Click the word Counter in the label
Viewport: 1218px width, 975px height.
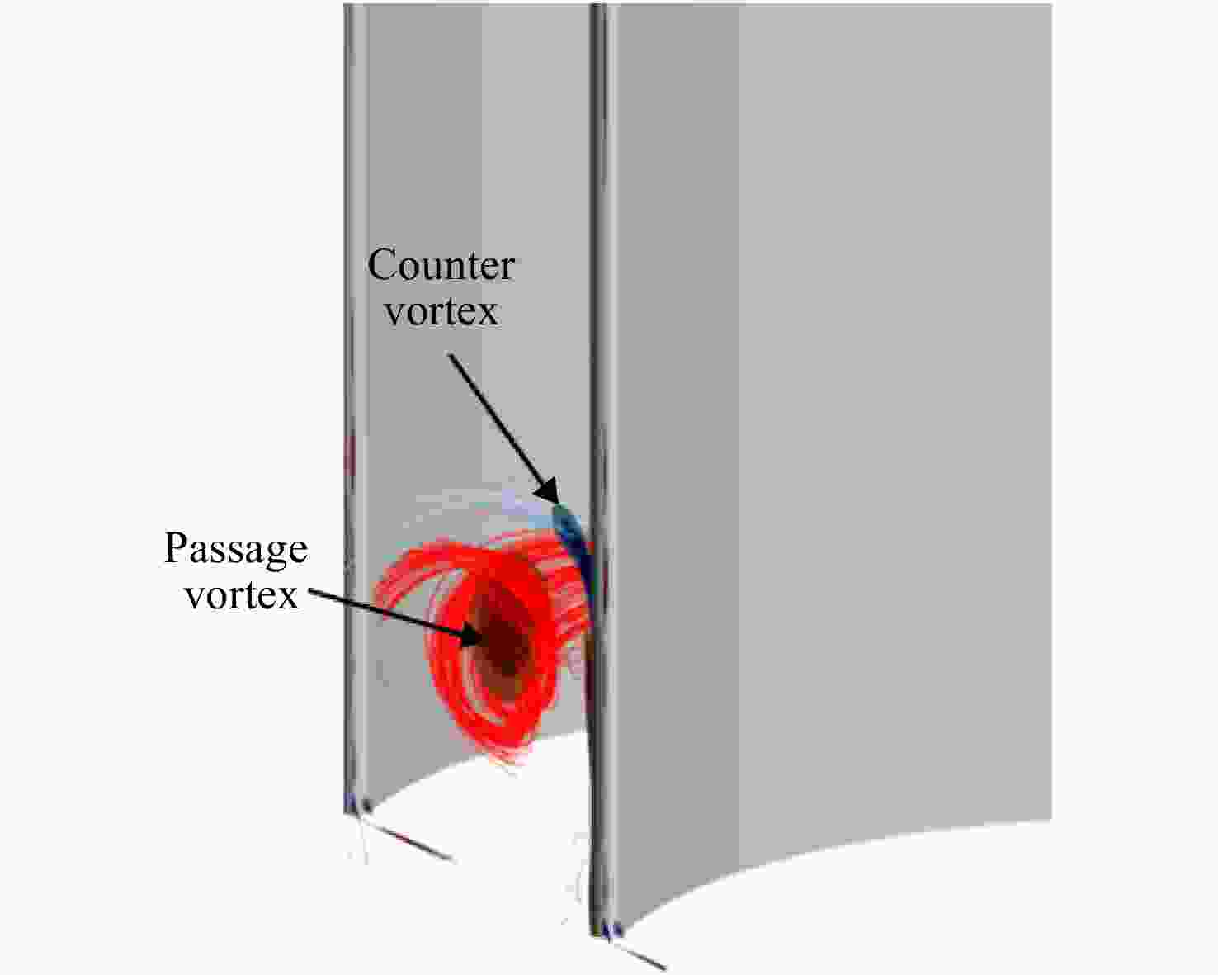tap(441, 266)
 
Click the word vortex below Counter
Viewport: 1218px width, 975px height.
tap(442, 312)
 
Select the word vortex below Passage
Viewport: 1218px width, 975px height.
tap(243, 595)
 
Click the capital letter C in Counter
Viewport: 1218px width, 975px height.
tap(384, 265)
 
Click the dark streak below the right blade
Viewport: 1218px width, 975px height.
tap(639, 956)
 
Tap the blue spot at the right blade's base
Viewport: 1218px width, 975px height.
tap(615, 931)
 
